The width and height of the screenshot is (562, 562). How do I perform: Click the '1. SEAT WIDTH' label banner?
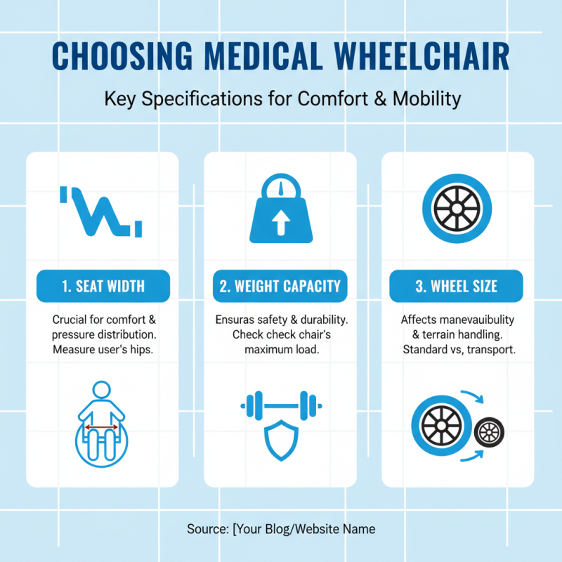(x=103, y=286)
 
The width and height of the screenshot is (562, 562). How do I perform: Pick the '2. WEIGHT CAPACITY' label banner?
(x=280, y=286)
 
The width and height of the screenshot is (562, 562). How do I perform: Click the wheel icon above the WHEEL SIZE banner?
(x=457, y=209)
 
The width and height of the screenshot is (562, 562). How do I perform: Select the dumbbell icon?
(x=280, y=405)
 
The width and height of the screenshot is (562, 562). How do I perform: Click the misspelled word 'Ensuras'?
(x=235, y=320)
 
